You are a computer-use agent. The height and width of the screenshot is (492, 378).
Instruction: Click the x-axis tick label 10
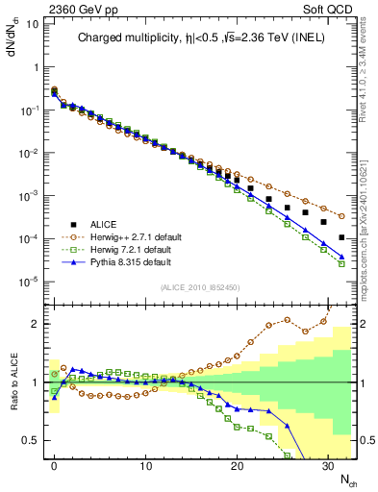point(145,466)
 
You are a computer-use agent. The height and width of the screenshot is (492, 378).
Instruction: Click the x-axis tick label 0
point(55,466)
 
